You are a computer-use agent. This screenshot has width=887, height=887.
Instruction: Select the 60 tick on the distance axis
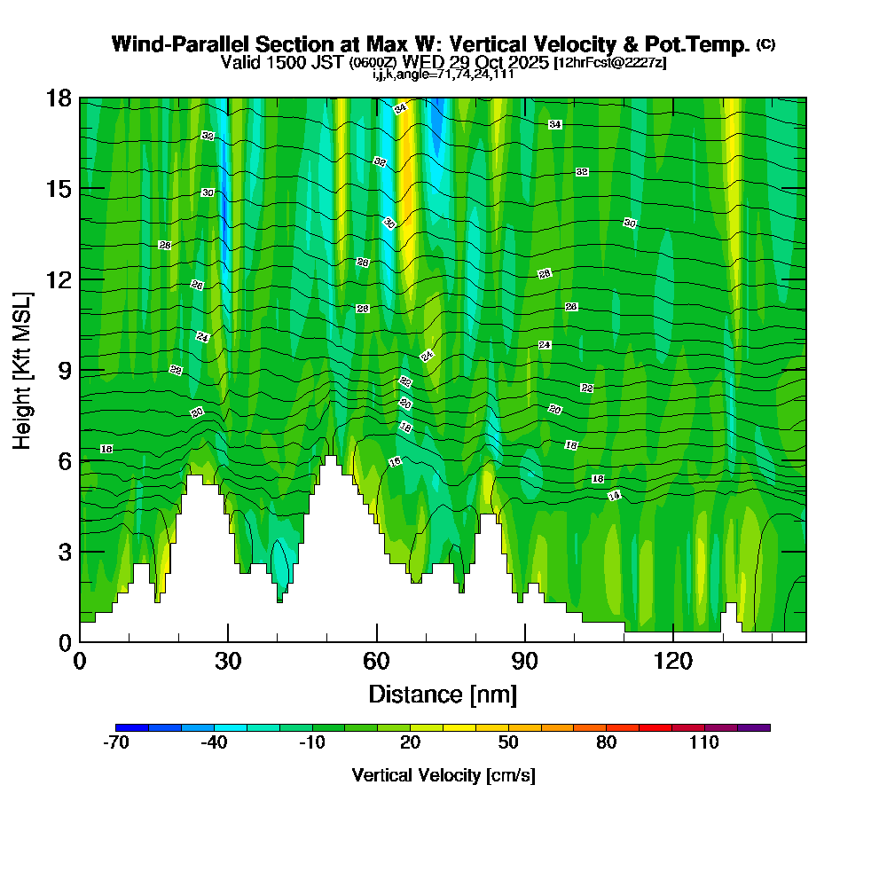click(x=377, y=661)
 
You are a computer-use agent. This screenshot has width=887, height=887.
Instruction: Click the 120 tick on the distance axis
click(x=673, y=661)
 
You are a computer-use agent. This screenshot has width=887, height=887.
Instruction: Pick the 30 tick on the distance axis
click(x=228, y=661)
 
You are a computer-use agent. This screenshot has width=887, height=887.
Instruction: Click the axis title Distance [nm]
click(x=443, y=693)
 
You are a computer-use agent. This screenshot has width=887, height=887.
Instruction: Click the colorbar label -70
click(x=116, y=743)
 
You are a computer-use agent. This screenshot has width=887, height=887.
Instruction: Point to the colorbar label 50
click(x=507, y=743)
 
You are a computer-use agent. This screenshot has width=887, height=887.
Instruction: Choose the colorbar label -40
click(x=214, y=743)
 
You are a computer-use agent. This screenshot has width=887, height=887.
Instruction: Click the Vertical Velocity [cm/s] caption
click(x=443, y=775)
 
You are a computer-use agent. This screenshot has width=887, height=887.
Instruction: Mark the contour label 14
click(x=614, y=496)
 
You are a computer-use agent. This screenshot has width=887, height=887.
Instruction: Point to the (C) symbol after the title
click(x=765, y=44)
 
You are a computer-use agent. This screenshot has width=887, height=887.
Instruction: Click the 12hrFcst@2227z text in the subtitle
click(x=609, y=63)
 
